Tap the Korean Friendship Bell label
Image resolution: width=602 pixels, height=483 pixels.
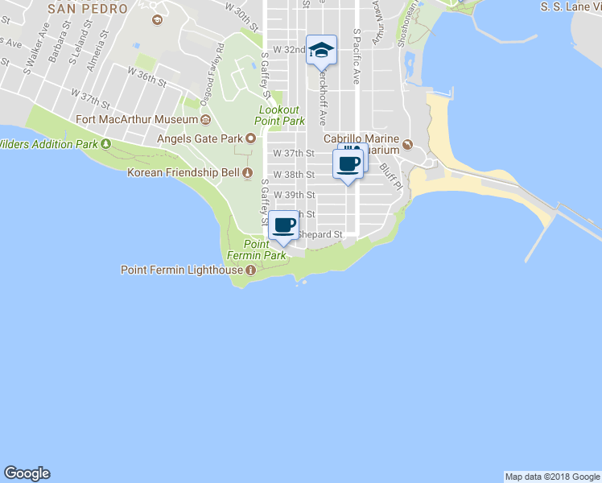point(183,172)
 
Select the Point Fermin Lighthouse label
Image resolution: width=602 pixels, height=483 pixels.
point(182,270)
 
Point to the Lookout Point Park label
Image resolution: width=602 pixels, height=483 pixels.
point(279,115)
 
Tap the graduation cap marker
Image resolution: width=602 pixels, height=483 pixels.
point(321,51)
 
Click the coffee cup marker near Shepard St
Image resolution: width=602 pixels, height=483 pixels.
point(283,225)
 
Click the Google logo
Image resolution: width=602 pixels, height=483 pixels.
point(27,473)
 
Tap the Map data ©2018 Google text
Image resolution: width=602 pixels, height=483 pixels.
point(552,477)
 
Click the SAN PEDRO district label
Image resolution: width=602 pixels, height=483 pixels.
point(88,9)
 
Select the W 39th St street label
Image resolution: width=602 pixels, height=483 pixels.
point(294,195)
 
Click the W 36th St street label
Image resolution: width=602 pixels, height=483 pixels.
point(146,78)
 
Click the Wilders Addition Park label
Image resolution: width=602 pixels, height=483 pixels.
point(47,144)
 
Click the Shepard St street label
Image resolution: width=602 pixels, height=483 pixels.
point(322,235)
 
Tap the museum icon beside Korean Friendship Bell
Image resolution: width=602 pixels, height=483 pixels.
point(248,172)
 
